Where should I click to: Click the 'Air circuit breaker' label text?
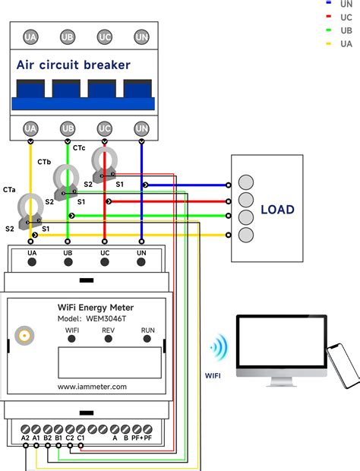coord(74,65)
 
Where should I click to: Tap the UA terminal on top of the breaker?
coord(31,36)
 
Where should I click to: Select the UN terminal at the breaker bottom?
coord(141,128)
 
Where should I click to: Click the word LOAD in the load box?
coord(276,210)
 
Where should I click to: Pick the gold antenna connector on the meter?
coord(24,334)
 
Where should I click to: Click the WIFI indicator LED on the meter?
coord(73,340)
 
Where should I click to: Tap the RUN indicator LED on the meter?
coord(147,340)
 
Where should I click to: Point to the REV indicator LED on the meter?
coord(108,340)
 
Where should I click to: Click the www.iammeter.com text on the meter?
coord(92,386)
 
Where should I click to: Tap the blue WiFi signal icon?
coord(219,349)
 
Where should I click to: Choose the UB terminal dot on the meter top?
coord(68,262)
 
